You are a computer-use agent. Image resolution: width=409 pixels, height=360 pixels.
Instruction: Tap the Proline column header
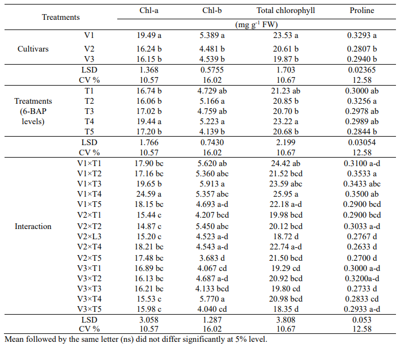tap(361, 10)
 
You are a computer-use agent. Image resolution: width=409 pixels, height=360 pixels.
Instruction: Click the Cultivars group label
tap(32, 49)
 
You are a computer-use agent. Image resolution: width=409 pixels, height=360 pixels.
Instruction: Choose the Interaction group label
tap(33, 226)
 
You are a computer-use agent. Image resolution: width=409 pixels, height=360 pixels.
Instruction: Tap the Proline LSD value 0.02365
tap(361, 70)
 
